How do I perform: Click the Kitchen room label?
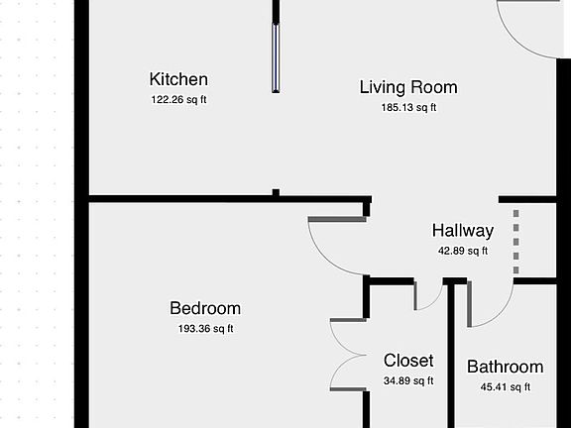click(178, 79)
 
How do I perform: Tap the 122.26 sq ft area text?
click(178, 99)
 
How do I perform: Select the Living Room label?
click(408, 87)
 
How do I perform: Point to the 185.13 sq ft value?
click(408, 107)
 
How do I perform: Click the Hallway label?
click(463, 231)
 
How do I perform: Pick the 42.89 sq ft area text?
click(463, 251)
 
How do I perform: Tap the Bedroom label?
click(205, 308)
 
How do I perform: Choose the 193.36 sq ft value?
click(205, 329)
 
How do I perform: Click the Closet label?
click(408, 361)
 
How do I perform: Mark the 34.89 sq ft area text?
click(408, 380)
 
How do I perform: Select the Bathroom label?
click(506, 367)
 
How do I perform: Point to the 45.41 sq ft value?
click(506, 386)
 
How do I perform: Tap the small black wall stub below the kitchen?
click(276, 192)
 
